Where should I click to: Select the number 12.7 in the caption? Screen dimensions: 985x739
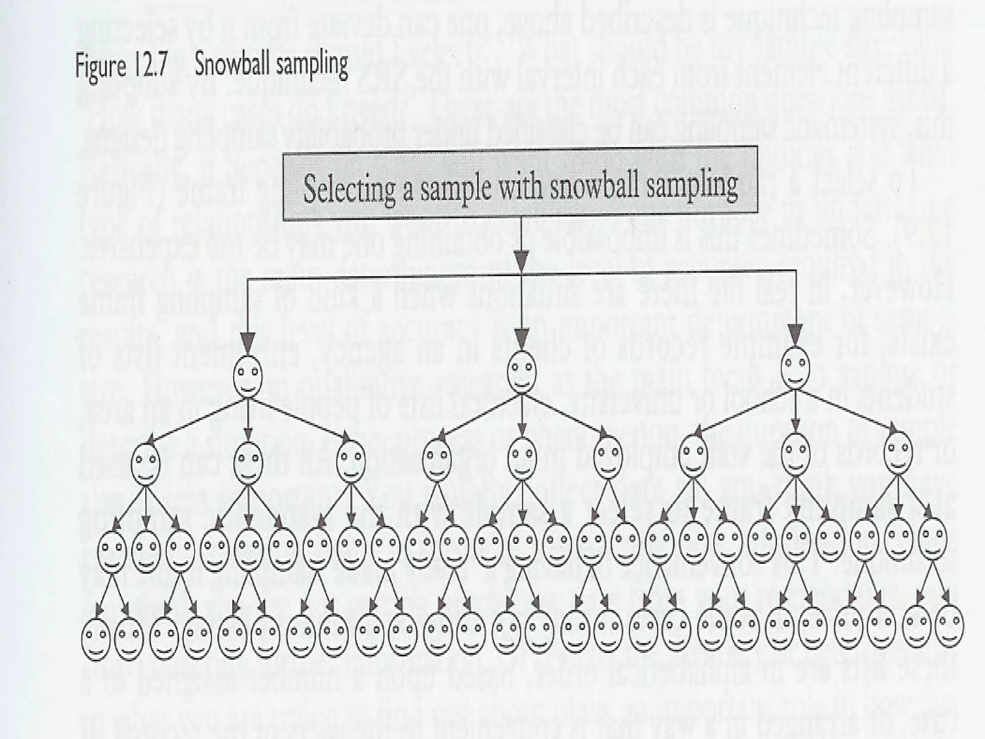coord(151,66)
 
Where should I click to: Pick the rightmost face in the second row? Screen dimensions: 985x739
coord(898,453)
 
